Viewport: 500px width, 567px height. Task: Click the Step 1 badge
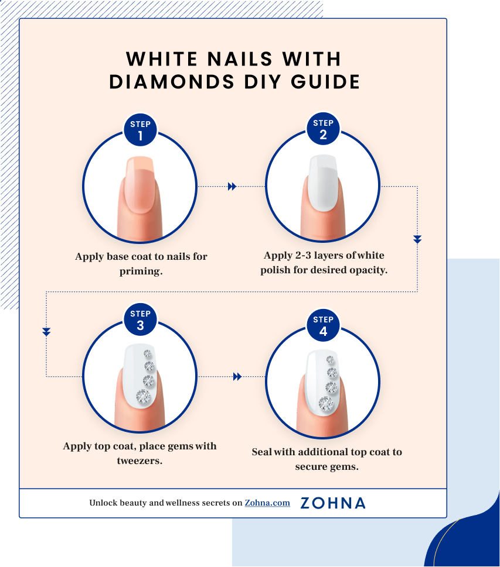(x=140, y=130)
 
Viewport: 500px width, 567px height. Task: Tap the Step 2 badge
(x=323, y=129)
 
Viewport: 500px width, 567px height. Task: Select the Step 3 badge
(x=140, y=319)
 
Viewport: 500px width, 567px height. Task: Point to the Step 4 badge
(x=323, y=325)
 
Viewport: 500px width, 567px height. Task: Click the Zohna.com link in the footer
(x=267, y=503)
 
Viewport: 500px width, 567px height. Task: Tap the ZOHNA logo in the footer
(x=332, y=503)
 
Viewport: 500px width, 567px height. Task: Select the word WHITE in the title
(x=159, y=59)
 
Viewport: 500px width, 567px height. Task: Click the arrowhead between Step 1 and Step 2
(x=232, y=187)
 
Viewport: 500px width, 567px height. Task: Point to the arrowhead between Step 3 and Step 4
(x=237, y=377)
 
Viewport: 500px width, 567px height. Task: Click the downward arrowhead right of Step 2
(x=417, y=239)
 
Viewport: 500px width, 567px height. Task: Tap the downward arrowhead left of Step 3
(x=46, y=332)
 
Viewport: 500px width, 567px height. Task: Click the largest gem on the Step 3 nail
(x=144, y=397)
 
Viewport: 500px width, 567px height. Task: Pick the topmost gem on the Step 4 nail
(x=331, y=359)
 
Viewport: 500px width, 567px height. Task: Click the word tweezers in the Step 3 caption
(x=139, y=461)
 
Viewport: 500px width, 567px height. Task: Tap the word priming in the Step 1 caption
(x=141, y=271)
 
